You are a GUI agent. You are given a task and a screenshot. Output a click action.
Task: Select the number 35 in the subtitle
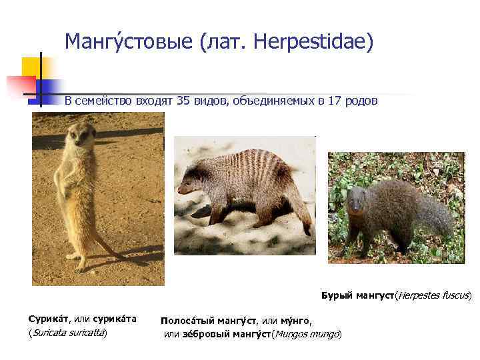click(x=183, y=101)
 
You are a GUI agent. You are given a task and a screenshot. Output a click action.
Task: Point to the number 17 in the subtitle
click(x=337, y=101)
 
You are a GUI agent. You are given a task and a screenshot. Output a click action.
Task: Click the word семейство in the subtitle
click(x=105, y=101)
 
